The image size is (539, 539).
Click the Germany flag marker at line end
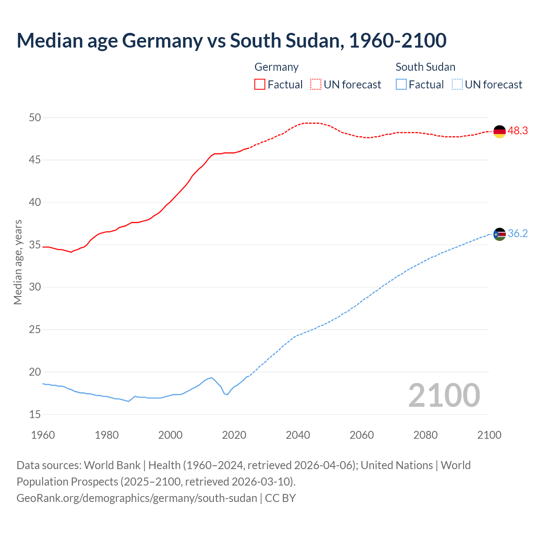click(499, 131)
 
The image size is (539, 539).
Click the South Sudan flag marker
click(499, 234)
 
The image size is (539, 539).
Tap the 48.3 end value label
click(518, 131)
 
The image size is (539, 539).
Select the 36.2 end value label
click(518, 234)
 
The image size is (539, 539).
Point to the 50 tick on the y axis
click(35, 117)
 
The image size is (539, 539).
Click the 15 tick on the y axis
click(35, 414)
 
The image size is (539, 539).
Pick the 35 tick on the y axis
click(35, 245)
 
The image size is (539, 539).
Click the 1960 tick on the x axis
click(43, 435)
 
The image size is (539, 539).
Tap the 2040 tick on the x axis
click(298, 435)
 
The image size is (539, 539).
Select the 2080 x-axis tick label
click(425, 435)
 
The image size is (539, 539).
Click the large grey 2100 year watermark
click(444, 395)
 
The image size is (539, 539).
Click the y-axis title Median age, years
click(18, 262)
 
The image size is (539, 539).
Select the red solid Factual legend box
click(260, 84)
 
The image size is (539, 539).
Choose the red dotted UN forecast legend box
click(316, 84)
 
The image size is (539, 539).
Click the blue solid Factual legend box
click(401, 84)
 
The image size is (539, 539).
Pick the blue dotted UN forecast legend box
click(457, 84)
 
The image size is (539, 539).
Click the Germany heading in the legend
click(276, 67)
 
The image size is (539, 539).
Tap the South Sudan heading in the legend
click(425, 67)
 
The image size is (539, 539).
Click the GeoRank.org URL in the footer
click(136, 498)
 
